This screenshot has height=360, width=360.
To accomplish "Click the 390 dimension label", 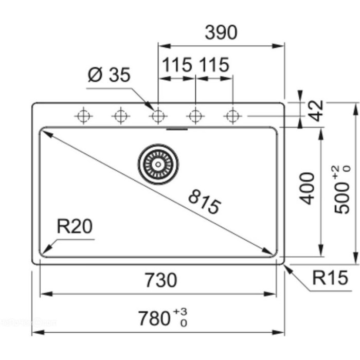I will [221, 32].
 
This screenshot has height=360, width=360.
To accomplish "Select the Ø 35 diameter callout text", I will [109, 75].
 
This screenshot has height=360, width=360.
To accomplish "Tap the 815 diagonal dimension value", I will [204, 202].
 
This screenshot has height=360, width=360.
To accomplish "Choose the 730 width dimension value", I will [158, 280].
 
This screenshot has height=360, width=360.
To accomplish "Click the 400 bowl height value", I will [307, 188].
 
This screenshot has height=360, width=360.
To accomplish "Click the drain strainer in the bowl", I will [158, 164].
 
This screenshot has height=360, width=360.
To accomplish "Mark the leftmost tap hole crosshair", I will [82, 116].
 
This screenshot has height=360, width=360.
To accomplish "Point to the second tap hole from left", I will [119, 116].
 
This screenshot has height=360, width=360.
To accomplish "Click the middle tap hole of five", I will [157, 116].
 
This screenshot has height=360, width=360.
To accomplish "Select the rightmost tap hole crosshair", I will [233, 116].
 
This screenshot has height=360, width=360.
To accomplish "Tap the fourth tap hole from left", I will [195, 116].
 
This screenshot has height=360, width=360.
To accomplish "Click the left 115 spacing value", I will [177, 65].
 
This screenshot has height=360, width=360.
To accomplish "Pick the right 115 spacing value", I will [213, 65].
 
